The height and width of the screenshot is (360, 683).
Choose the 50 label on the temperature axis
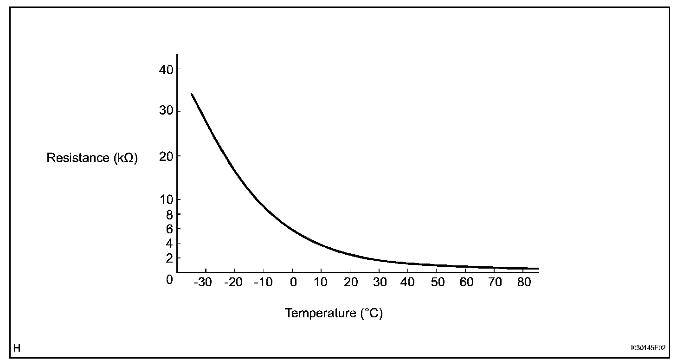tap(438, 283)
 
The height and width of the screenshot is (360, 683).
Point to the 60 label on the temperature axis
tap(467, 283)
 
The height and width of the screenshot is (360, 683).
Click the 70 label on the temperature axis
tap(496, 283)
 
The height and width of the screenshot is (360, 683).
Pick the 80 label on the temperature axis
tap(524, 283)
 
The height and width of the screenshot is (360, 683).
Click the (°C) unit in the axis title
tap(372, 313)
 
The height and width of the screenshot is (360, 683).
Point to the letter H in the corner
tap(17, 347)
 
